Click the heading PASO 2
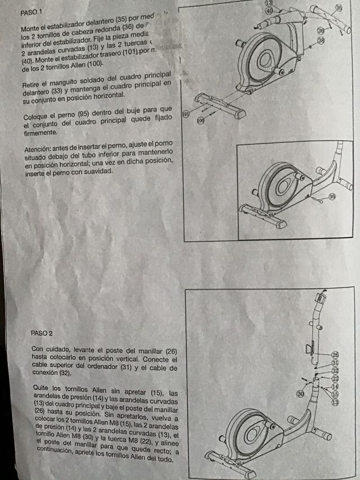point(42,333)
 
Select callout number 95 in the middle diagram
point(332,196)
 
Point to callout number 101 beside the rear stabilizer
point(187,114)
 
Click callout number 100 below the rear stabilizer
point(201,120)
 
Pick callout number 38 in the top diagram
point(321,41)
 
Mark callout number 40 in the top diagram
point(269,11)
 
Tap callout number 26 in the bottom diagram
point(335,355)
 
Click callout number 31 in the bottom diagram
point(335,363)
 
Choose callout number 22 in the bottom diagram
point(335,379)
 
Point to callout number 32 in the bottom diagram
point(335,371)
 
